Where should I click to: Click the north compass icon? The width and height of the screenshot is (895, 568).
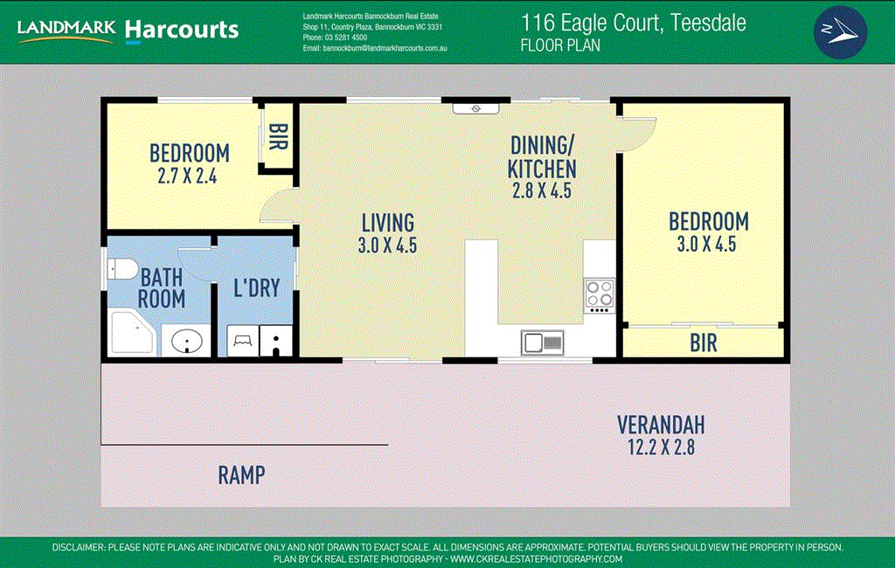tap(840, 32)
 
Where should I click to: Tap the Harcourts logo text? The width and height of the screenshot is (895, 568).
tap(182, 30)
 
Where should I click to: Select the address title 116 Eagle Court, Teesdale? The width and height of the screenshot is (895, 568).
tap(633, 23)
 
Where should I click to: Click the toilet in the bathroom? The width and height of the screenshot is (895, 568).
tap(122, 269)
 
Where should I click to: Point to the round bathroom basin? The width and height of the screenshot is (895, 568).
tap(187, 342)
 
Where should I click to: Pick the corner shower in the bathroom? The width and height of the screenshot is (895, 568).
tap(132, 333)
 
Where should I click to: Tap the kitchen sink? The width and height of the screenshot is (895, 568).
tap(542, 343)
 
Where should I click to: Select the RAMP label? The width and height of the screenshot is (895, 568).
tap(241, 475)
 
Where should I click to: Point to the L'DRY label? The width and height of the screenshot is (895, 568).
tap(257, 288)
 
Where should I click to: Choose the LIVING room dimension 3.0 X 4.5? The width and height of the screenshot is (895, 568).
tap(387, 246)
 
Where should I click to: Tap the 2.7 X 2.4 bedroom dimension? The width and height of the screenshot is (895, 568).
tap(187, 177)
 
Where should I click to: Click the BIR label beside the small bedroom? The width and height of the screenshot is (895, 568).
tap(277, 136)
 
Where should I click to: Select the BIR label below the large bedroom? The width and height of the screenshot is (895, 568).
tap(704, 343)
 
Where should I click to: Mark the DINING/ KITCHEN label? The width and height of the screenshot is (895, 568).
tap(542, 157)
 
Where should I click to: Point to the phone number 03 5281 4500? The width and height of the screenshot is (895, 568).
tap(346, 38)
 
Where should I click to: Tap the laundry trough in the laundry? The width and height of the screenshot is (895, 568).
tap(243, 341)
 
